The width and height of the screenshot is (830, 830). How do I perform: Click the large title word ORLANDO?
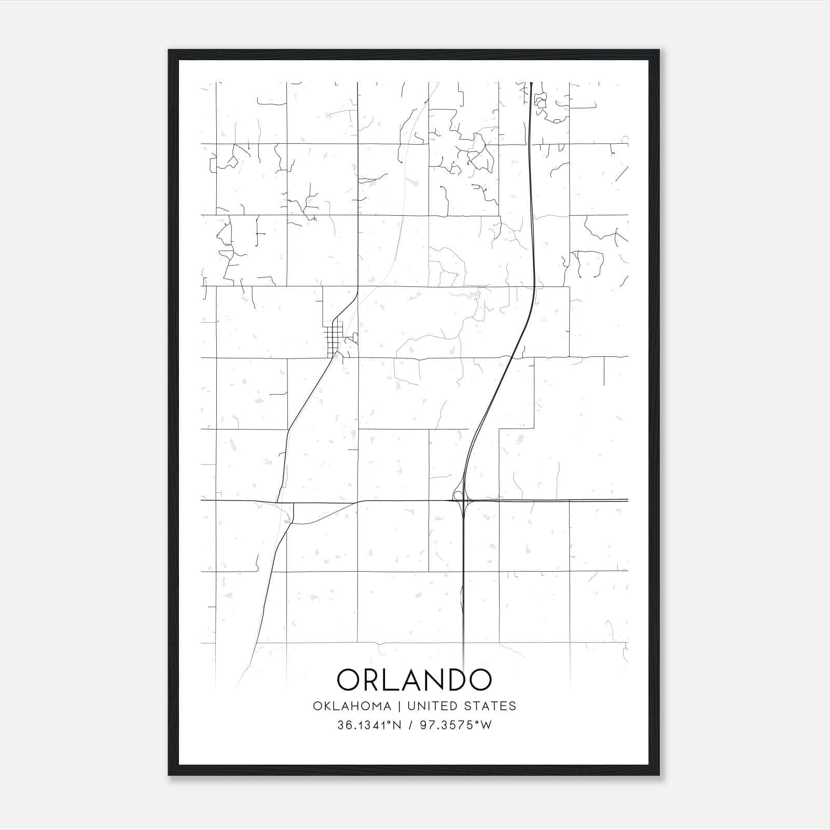click(x=414, y=680)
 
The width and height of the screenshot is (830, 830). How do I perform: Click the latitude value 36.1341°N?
click(x=370, y=725)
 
